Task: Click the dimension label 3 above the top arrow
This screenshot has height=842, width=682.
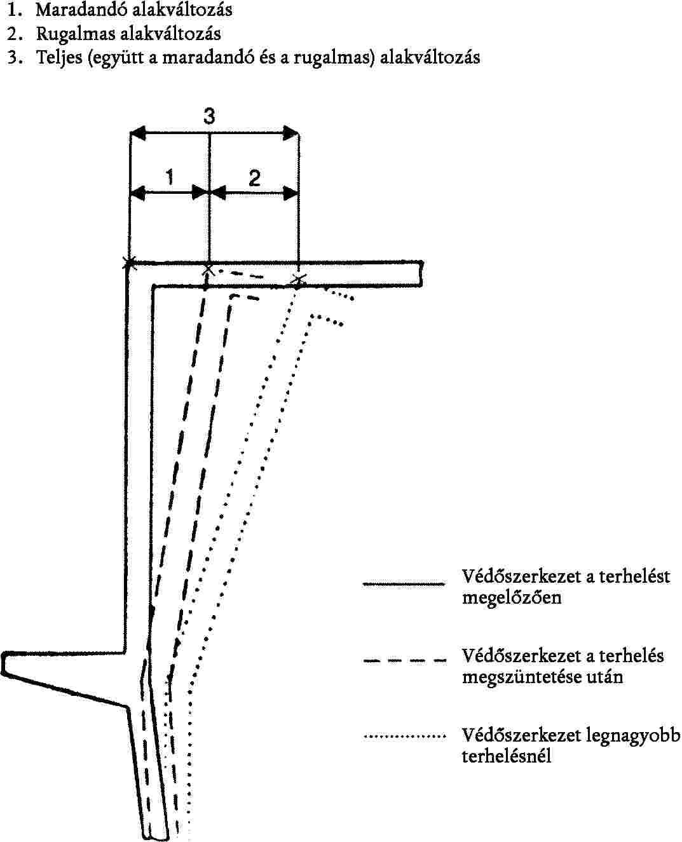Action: pyautogui.click(x=209, y=116)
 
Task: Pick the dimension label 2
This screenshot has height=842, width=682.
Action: pyautogui.click(x=254, y=178)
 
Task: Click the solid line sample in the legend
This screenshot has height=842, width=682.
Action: pyautogui.click(x=404, y=583)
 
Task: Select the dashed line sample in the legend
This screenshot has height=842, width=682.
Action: pyautogui.click(x=404, y=661)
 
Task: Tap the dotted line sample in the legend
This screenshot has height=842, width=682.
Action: pyautogui.click(x=404, y=737)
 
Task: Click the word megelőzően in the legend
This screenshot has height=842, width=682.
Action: pyautogui.click(x=512, y=598)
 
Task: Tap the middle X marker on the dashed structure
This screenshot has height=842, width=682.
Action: pyautogui.click(x=208, y=270)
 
